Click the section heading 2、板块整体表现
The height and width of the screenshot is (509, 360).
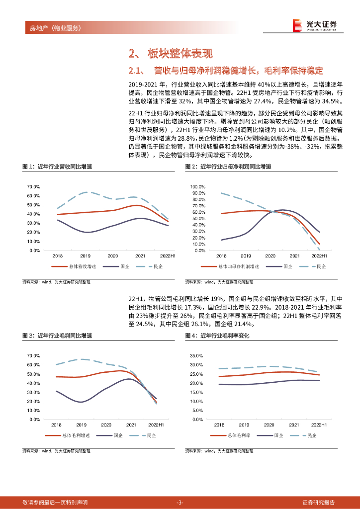pyautogui.click(x=171, y=54)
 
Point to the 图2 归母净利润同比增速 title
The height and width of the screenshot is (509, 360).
pyautogui.click(x=228, y=166)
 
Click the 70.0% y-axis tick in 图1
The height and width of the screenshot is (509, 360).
pyautogui.click(x=33, y=187)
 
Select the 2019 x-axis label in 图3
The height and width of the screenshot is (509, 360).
pyautogui.click(x=81, y=425)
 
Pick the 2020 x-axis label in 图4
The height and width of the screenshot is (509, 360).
pyautogui.click(x=269, y=425)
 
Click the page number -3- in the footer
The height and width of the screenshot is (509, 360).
pyautogui.click(x=180, y=502)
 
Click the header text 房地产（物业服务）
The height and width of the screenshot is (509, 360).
pyautogui.click(x=52, y=28)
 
